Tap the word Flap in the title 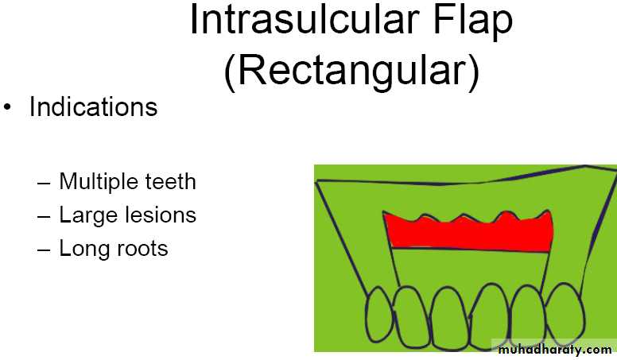(473, 21)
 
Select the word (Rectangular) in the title (351, 72)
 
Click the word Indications (94, 106)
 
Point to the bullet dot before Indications (7, 107)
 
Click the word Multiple (99, 182)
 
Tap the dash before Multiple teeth (44, 183)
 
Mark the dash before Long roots (44, 250)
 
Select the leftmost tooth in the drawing (379, 315)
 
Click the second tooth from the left (411, 317)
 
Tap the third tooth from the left (450, 319)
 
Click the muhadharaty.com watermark (554, 350)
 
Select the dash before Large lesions (44, 216)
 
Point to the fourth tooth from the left (490, 317)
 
